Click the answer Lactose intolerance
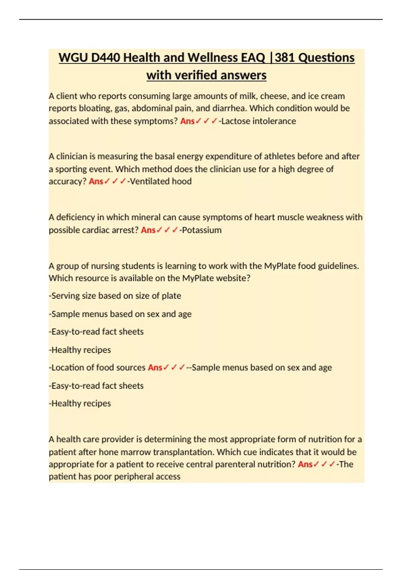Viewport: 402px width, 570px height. (x=258, y=121)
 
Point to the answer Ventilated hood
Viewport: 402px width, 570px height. (x=161, y=181)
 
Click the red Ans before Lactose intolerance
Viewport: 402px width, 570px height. (x=187, y=121)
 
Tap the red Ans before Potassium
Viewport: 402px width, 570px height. (x=148, y=230)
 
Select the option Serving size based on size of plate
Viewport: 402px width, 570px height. (x=116, y=296)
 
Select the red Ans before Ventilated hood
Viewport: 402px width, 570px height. (x=96, y=181)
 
